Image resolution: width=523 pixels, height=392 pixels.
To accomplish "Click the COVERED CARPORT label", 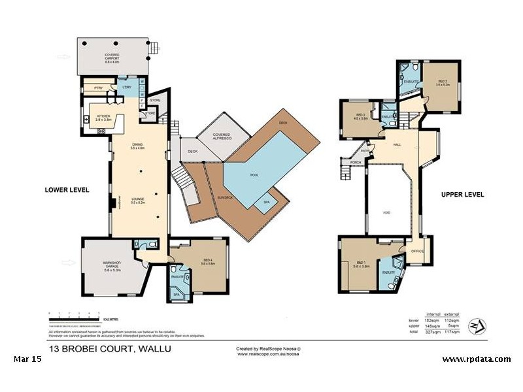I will [x=111, y=57].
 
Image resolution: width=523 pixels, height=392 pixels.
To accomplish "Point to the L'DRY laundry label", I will [x=127, y=88].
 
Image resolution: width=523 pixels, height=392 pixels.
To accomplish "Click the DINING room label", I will [x=137, y=146].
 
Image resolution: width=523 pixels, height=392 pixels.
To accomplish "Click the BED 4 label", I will [x=209, y=262].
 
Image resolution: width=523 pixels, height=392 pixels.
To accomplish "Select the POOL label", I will [x=254, y=176].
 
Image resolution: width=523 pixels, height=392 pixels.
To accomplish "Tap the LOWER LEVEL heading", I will [x=67, y=190].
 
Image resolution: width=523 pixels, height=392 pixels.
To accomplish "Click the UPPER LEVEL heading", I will [x=462, y=195].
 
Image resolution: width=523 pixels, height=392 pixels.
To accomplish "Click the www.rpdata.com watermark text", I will [x=476, y=359].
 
